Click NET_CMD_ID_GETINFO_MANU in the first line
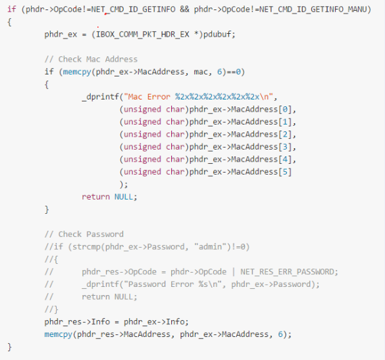click(x=313, y=9)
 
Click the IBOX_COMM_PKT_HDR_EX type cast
click(x=143, y=34)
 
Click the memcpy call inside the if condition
click(x=77, y=72)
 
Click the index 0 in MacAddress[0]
click(x=285, y=109)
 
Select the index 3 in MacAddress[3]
click(x=285, y=147)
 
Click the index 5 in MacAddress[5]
click(x=285, y=172)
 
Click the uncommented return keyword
click(x=96, y=197)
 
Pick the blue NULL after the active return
click(x=124, y=197)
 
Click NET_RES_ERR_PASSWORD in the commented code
click(x=287, y=272)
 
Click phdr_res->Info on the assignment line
click(x=77, y=321)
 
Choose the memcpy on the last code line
click(x=58, y=334)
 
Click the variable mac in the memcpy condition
click(x=201, y=72)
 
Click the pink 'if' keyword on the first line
click(x=12, y=9)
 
